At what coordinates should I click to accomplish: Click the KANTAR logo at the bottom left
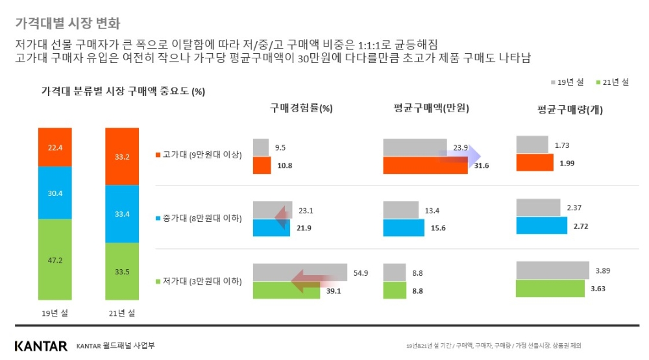coord(40,346)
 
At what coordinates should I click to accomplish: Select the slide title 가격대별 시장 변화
coord(67,24)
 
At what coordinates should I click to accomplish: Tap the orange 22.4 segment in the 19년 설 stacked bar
coord(55,147)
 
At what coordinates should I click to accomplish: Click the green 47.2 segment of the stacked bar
coord(55,261)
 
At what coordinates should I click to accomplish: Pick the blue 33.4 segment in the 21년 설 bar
coord(122,214)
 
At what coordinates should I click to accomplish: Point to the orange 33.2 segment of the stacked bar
coord(122,156)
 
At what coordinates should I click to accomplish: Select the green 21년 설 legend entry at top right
coord(612,82)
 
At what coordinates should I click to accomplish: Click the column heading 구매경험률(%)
coord(301,108)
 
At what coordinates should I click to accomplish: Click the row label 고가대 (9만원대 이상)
coord(199,155)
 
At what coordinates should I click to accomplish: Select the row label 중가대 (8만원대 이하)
coord(199,219)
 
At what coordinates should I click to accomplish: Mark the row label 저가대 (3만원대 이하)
coord(199,282)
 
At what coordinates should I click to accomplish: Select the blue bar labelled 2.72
coord(539,225)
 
